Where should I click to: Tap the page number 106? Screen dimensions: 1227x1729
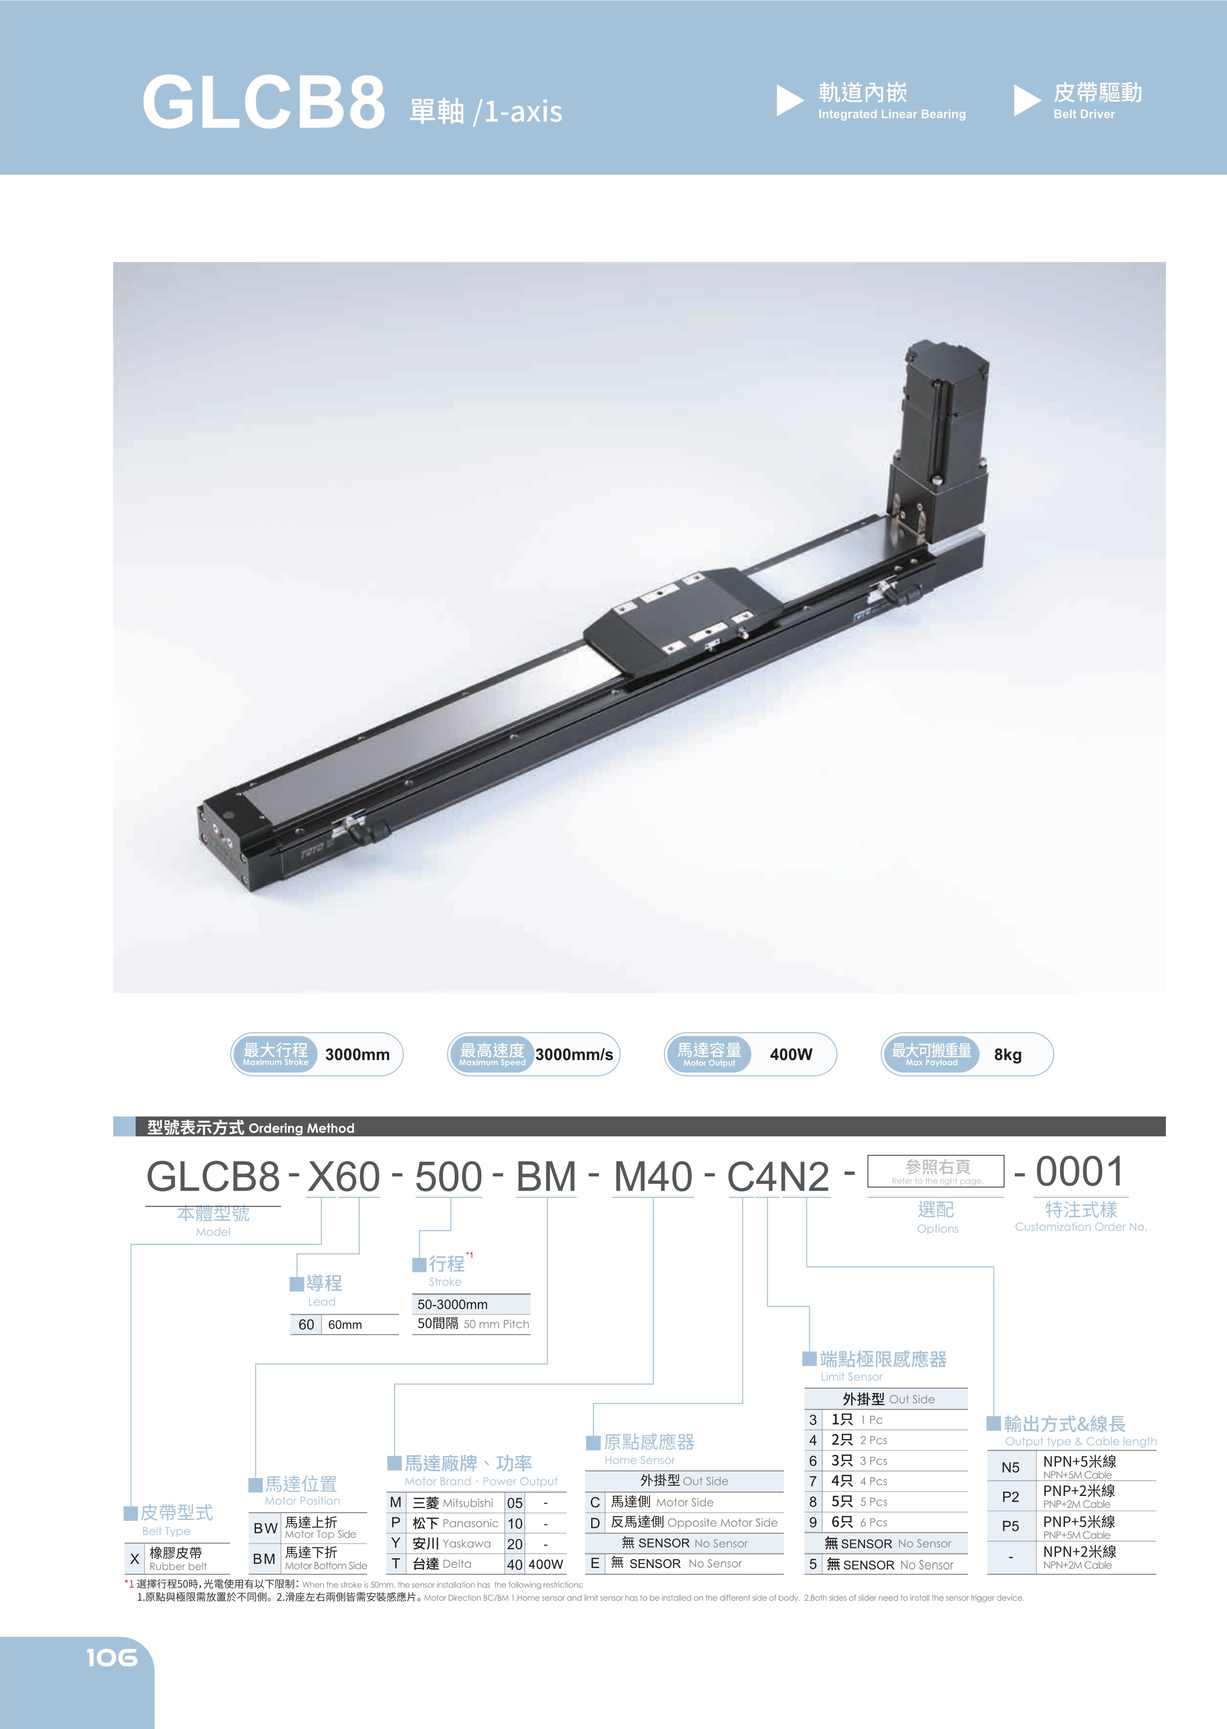click(x=112, y=1658)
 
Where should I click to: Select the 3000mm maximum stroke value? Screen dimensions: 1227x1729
click(x=357, y=1054)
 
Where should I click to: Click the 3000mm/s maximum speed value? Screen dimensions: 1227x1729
click(x=574, y=1054)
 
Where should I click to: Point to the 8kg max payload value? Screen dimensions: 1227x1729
click(x=1008, y=1054)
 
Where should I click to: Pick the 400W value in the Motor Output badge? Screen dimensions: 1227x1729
click(x=791, y=1054)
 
